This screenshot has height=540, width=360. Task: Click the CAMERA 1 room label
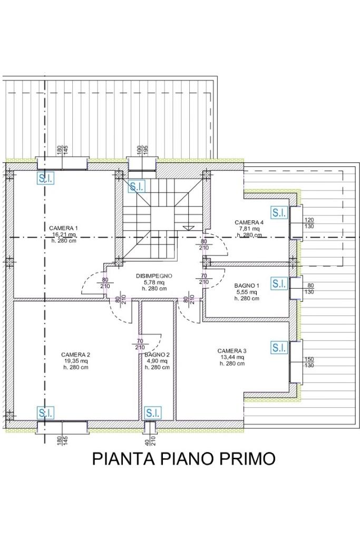point(63,228)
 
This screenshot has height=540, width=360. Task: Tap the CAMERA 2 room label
point(75,355)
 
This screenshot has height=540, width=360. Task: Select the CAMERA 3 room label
point(232,351)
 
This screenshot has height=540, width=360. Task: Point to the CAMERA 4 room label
point(249,222)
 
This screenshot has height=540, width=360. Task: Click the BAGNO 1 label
point(247,286)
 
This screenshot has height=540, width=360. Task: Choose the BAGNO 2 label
point(157,355)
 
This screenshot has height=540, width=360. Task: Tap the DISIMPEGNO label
point(154,276)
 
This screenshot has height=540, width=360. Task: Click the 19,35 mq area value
point(75,361)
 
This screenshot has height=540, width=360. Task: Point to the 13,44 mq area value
point(232,357)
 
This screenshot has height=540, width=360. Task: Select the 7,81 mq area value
point(249,229)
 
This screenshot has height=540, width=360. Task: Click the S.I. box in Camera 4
point(279,213)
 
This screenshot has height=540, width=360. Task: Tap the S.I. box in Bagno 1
point(279,283)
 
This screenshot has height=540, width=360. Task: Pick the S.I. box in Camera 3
point(279,348)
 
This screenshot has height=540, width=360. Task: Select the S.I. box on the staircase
point(137,186)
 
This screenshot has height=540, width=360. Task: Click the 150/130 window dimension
point(309,362)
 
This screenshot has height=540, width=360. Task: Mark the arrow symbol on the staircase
point(188,227)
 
